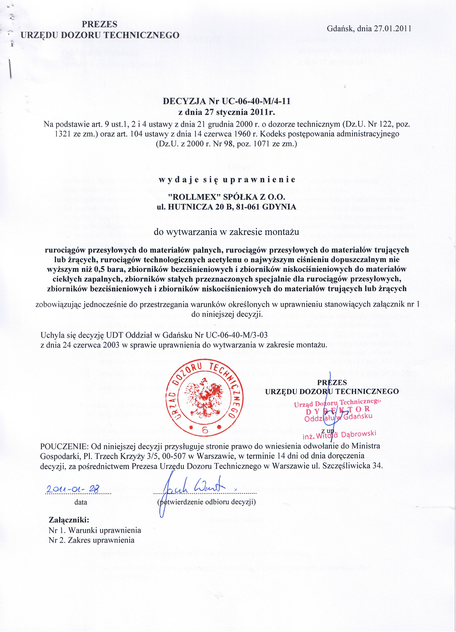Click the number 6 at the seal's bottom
click(x=205, y=430)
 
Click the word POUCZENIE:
click(x=64, y=446)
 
